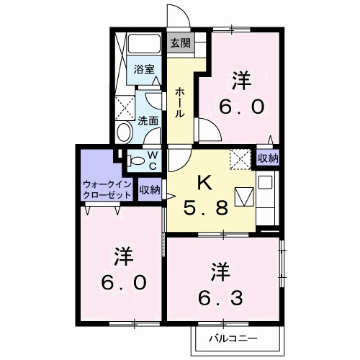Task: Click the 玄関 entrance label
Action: [x=181, y=43]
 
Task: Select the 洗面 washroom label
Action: [x=148, y=121]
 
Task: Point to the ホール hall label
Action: [x=179, y=103]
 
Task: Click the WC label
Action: [x=153, y=160]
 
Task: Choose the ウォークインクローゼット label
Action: [x=107, y=189]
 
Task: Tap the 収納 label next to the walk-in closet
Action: [x=150, y=190]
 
